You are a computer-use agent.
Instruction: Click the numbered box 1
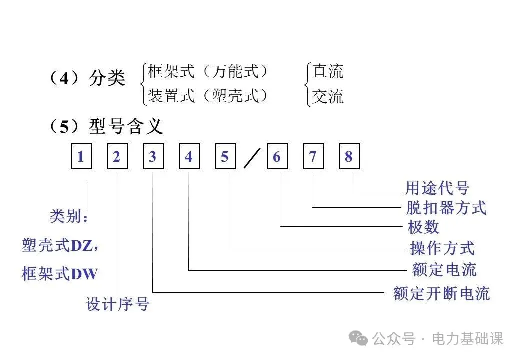[x=81, y=157]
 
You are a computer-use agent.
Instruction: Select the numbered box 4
[x=189, y=157]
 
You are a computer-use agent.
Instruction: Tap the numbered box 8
[x=349, y=157]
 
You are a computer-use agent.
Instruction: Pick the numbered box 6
[x=277, y=157]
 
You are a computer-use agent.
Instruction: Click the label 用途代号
[x=437, y=188]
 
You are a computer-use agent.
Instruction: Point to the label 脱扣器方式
[x=446, y=207]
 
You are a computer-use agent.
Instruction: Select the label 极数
[x=423, y=227]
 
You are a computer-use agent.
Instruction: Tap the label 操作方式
[x=442, y=248]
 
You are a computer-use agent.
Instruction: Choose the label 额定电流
[x=444, y=270]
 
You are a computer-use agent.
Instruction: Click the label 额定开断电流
[x=441, y=293]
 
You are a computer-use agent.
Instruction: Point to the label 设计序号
[x=117, y=304]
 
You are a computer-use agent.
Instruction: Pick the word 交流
[x=328, y=96]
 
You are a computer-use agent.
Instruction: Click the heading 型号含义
[x=126, y=127]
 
